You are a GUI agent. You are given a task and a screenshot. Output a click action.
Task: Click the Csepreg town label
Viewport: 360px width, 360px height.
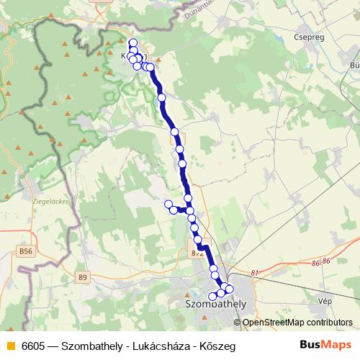coord(307,33)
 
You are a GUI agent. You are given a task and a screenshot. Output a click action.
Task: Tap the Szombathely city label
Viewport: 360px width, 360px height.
coord(216,304)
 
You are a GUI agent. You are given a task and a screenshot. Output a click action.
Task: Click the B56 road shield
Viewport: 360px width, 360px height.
coord(27,251)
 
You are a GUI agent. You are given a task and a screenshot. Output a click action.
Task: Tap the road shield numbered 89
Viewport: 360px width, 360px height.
coord(83,277)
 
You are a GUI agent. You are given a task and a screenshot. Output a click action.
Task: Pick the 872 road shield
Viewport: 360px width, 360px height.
coord(199,253)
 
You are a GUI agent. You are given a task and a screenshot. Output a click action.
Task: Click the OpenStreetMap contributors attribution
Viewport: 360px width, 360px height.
coord(297,322)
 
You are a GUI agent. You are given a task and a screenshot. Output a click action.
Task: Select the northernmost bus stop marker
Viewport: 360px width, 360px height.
coord(132,42)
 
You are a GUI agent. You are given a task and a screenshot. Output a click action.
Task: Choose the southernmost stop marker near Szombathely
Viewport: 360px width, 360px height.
coord(212,297)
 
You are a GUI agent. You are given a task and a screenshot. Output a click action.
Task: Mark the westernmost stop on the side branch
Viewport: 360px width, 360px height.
coord(168,204)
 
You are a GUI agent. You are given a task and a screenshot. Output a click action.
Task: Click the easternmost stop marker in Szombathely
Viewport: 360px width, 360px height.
coord(230,289)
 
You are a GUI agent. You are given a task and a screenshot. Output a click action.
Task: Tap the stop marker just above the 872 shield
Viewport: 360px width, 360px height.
coord(197,240)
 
